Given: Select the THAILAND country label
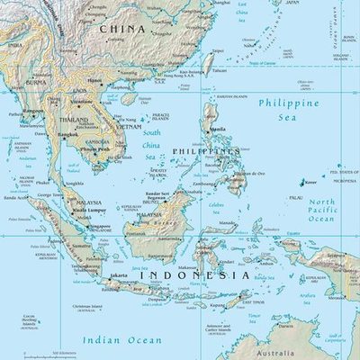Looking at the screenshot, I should [74, 120].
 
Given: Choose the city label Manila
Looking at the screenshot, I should [217, 130].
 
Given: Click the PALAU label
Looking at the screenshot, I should [295, 197].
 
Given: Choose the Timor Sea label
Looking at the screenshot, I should [255, 316].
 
